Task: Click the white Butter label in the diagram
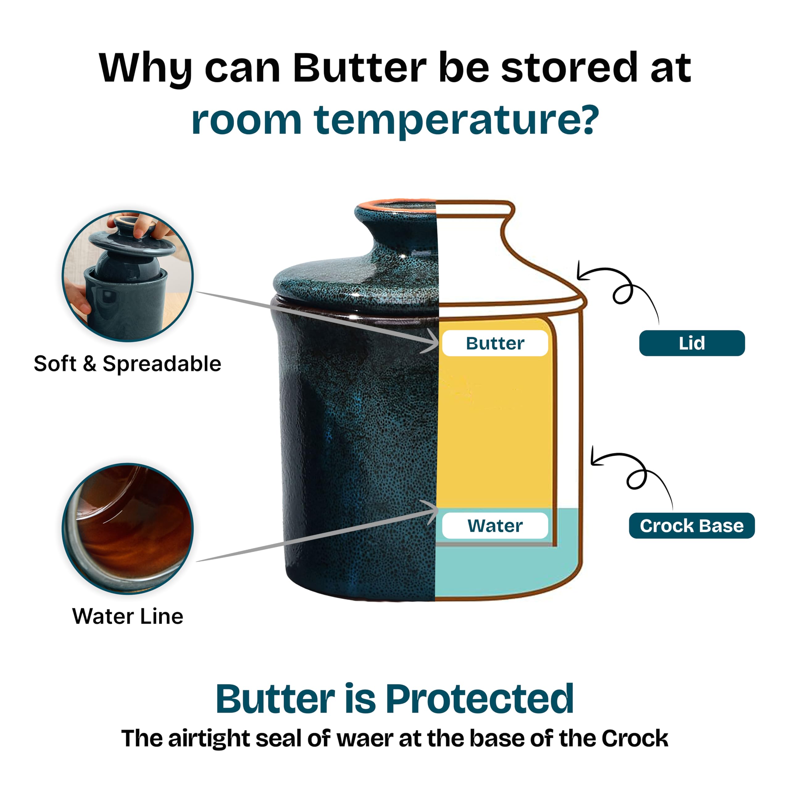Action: (495, 343)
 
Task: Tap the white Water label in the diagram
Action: (495, 526)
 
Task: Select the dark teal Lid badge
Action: (692, 343)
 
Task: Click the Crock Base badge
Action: (692, 526)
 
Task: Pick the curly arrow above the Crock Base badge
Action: (638, 474)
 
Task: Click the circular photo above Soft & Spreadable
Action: (127, 276)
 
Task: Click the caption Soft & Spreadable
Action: (127, 364)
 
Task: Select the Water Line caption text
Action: (127, 616)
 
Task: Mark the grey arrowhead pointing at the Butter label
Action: (431, 341)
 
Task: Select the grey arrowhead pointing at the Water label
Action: (431, 511)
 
